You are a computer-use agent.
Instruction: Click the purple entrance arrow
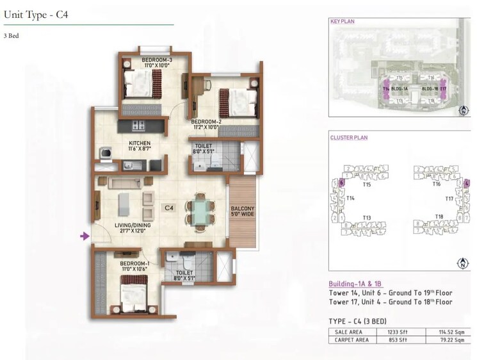point(84,237)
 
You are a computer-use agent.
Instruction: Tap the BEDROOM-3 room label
point(156,63)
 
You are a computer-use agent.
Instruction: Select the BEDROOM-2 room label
point(206,124)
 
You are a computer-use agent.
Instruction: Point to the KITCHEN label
point(139,146)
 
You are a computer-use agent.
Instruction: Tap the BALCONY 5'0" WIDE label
point(243,213)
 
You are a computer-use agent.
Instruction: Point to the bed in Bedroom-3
point(142,83)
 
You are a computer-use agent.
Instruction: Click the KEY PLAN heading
point(342,22)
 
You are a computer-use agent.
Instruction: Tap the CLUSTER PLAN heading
point(347,138)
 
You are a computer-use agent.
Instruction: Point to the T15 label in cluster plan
point(366,184)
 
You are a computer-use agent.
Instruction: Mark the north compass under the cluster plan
point(461,263)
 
